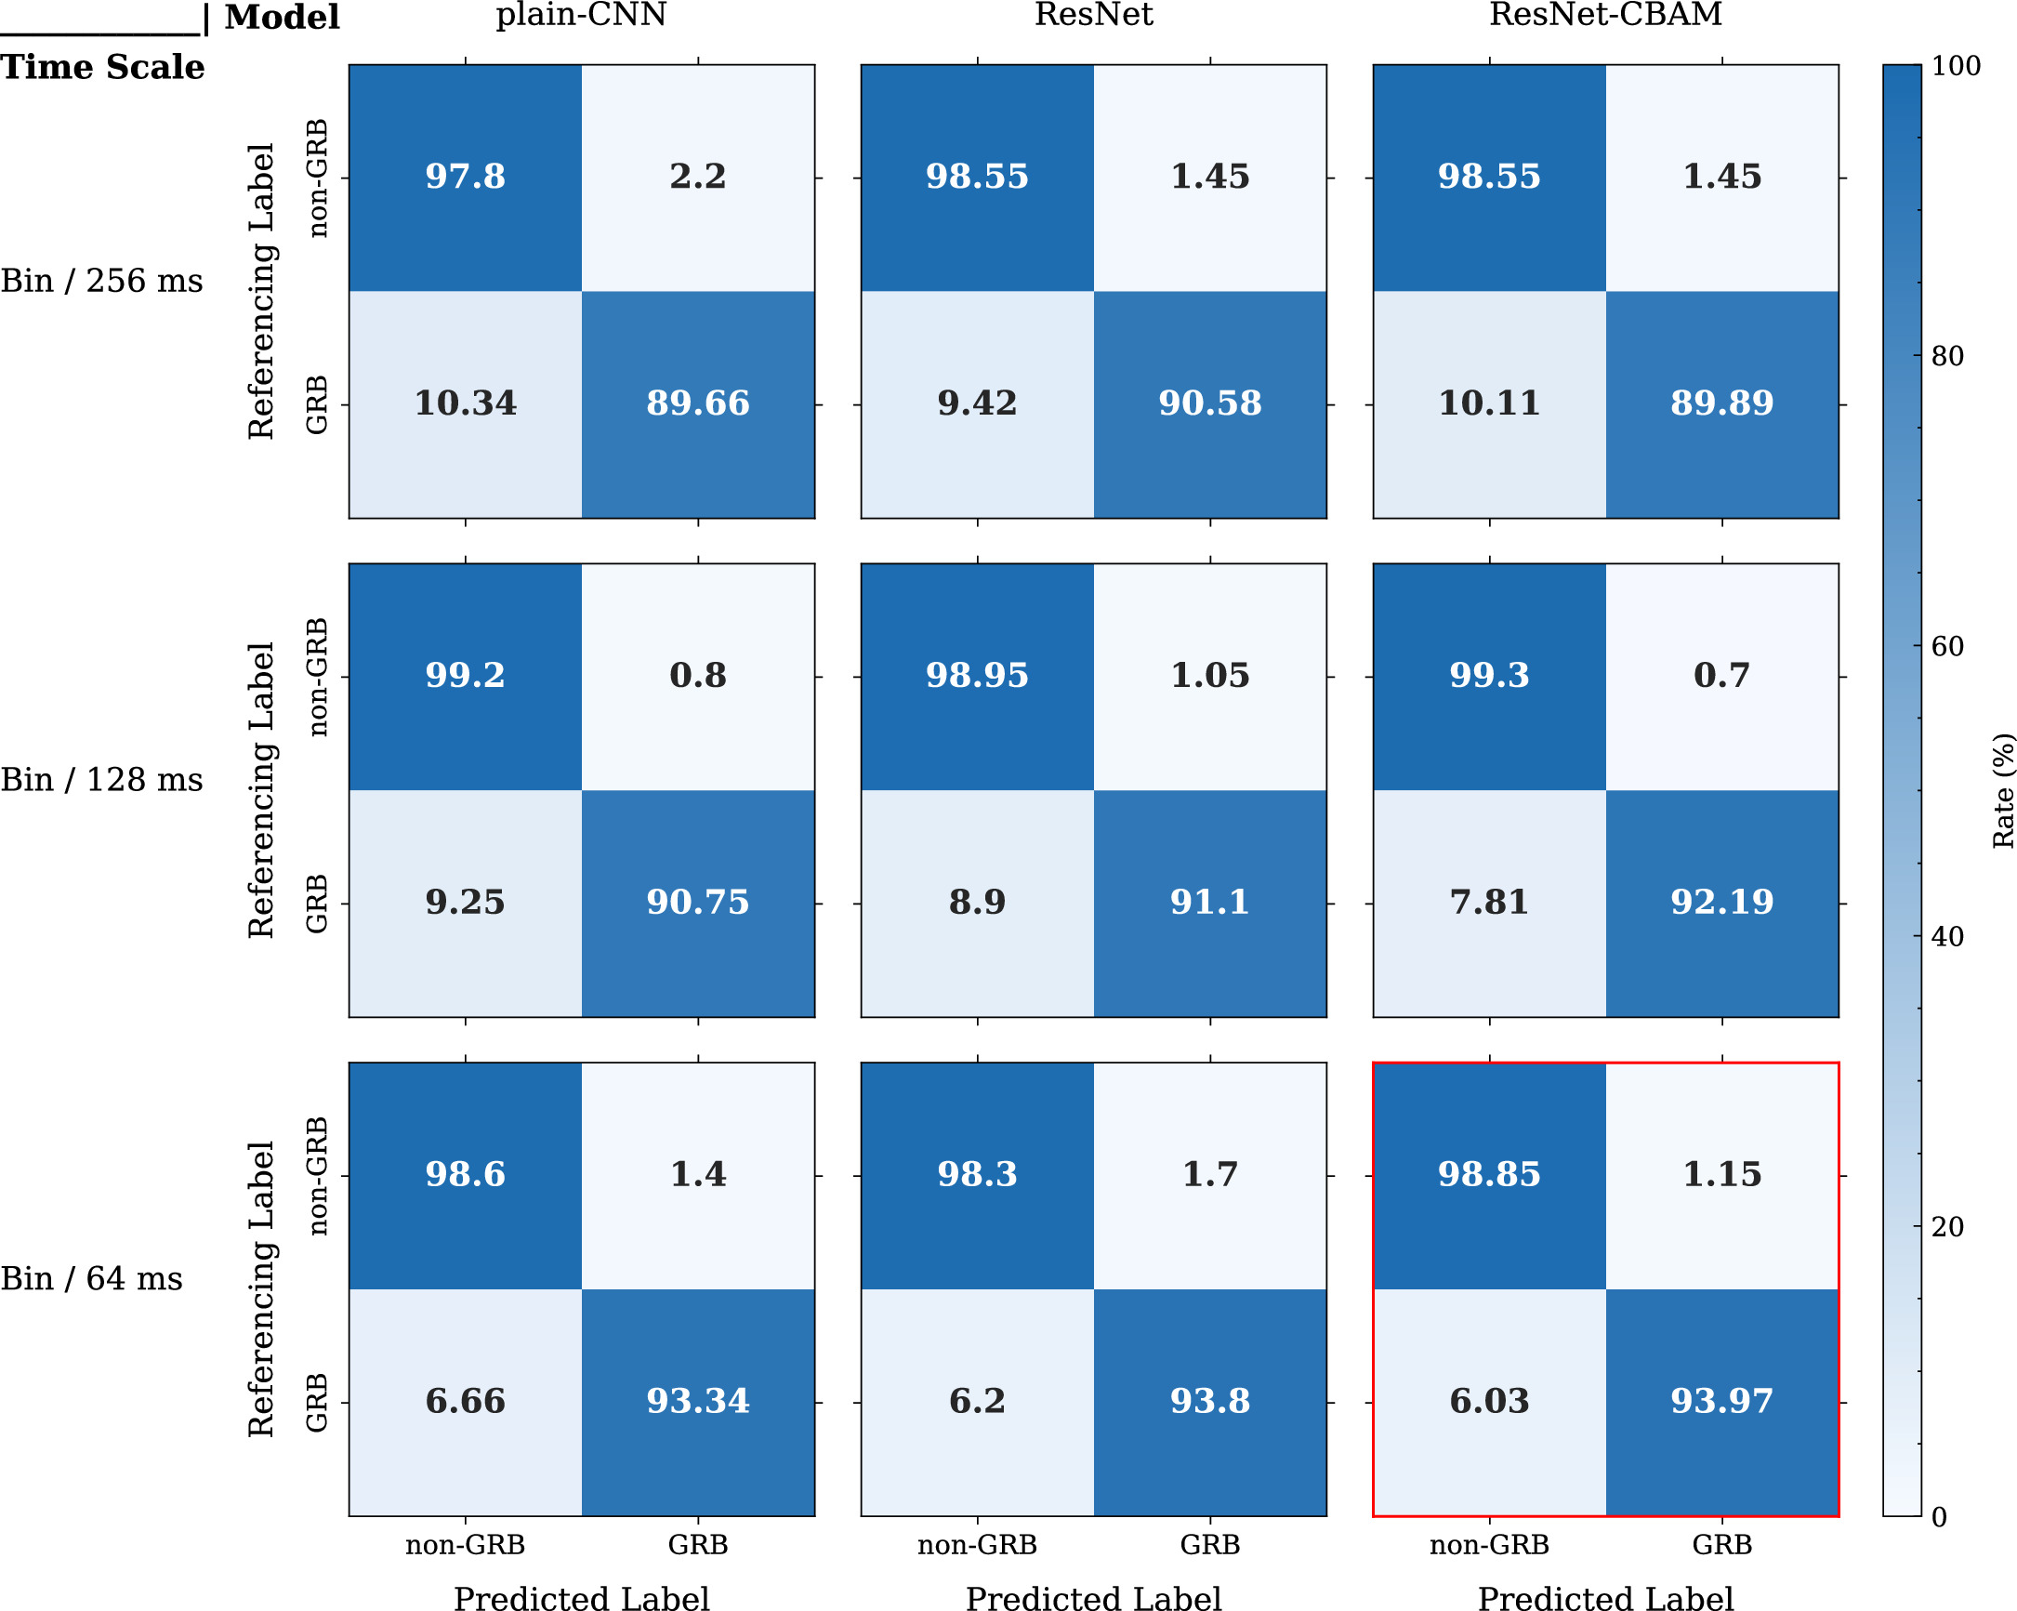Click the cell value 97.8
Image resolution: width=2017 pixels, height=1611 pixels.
(465, 176)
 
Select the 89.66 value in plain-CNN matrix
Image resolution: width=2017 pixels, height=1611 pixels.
(698, 403)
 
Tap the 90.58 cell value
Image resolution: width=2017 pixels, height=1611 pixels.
(1209, 403)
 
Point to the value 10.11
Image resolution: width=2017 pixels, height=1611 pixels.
(1488, 403)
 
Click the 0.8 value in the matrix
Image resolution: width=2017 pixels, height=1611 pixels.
(698, 675)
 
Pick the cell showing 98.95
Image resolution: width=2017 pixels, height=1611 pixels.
(977, 675)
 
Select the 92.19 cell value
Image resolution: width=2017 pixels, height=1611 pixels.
(1721, 902)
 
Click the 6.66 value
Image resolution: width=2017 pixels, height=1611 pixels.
(465, 1401)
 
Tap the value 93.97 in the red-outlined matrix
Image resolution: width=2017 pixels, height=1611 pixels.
(1721, 1401)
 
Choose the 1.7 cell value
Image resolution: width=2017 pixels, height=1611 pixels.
(1209, 1173)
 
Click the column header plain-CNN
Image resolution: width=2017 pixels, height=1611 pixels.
(581, 15)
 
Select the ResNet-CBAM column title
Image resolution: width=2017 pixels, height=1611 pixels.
(1605, 15)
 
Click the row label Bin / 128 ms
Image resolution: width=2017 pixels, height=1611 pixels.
(101, 779)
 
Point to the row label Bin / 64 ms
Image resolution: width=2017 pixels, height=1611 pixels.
(92, 1278)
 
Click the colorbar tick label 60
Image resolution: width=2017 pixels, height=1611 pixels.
(1948, 646)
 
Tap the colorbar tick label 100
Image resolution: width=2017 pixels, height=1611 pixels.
(1957, 66)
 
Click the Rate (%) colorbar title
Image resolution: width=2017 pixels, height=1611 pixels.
(2002, 790)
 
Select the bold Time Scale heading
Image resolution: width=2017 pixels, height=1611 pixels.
(102, 67)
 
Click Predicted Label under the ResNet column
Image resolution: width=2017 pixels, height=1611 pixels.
(1093, 1598)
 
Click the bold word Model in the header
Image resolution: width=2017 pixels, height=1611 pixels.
(282, 17)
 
